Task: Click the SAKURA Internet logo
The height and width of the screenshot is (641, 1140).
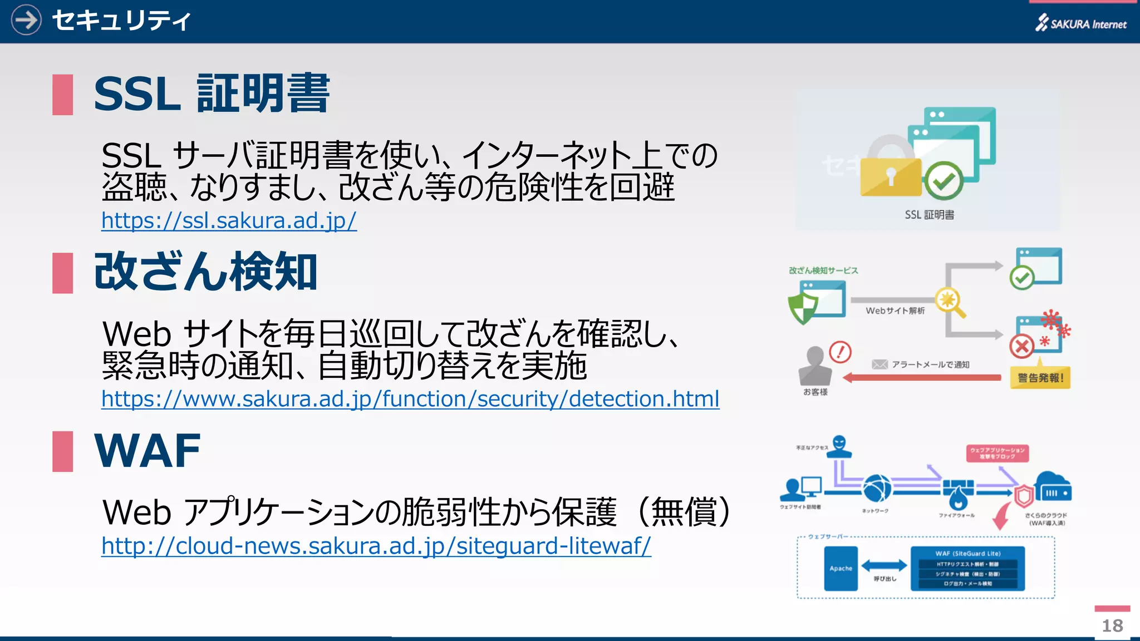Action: pyautogui.click(x=1080, y=23)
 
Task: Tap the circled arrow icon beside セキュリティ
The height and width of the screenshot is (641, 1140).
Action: pyautogui.click(x=26, y=20)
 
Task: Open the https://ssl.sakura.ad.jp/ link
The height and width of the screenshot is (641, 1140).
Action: pyautogui.click(x=229, y=221)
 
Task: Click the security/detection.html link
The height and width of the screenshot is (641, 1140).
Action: pyautogui.click(x=410, y=399)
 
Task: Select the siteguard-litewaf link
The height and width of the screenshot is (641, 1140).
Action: pyautogui.click(x=376, y=546)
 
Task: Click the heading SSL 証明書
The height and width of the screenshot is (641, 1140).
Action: pyautogui.click(x=212, y=94)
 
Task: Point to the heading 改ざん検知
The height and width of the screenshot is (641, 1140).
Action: pyautogui.click(x=205, y=272)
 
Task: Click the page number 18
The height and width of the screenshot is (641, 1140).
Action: pyautogui.click(x=1112, y=625)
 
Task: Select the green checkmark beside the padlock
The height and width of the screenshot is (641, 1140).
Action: pyautogui.click(x=944, y=180)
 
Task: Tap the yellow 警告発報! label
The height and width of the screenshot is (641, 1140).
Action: pyautogui.click(x=1040, y=378)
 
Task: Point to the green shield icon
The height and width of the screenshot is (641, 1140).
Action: pyautogui.click(x=803, y=308)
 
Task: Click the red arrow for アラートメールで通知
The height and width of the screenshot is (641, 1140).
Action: pyautogui.click(x=922, y=378)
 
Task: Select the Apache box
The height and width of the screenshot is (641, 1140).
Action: pyautogui.click(x=841, y=568)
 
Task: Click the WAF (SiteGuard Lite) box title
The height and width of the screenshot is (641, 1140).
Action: pyautogui.click(x=967, y=554)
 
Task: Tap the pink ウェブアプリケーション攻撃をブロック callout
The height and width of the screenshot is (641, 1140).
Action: pyautogui.click(x=997, y=453)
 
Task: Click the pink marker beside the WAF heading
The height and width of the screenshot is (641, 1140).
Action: pyautogui.click(x=62, y=451)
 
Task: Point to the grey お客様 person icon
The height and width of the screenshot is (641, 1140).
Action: pyautogui.click(x=815, y=366)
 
